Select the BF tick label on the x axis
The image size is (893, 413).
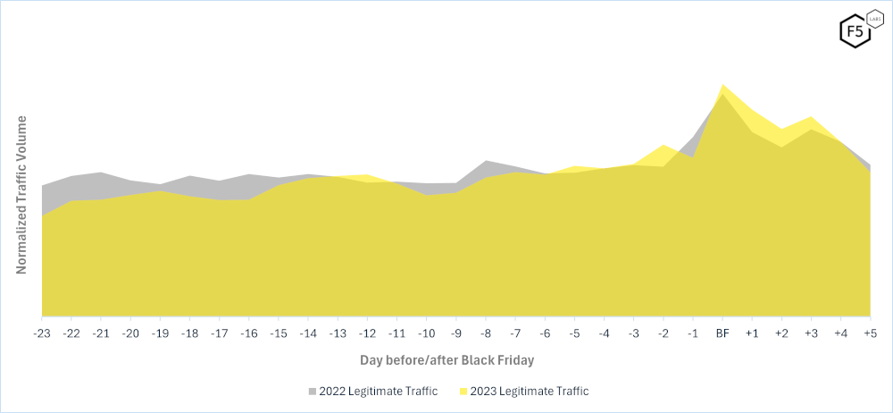pyautogui.click(x=722, y=333)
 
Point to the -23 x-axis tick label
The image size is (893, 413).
pyautogui.click(x=42, y=333)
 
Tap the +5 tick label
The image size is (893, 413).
pyautogui.click(x=870, y=333)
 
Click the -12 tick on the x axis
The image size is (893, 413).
pyautogui.click(x=367, y=333)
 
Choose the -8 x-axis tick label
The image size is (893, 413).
pyautogui.click(x=485, y=333)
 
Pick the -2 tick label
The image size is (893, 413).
pyautogui.click(x=663, y=333)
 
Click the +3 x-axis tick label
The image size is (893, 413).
pyautogui.click(x=811, y=333)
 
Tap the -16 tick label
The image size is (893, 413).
pyautogui.click(x=249, y=333)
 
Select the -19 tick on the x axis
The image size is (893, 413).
pyautogui.click(x=160, y=333)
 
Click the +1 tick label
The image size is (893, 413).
pyautogui.click(x=752, y=333)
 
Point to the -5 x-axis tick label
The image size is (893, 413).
pyautogui.click(x=574, y=333)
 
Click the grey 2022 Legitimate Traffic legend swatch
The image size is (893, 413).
pyautogui.click(x=313, y=391)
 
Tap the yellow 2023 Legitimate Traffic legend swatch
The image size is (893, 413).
pyautogui.click(x=463, y=391)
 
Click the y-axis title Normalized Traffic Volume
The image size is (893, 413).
pyautogui.click(x=22, y=194)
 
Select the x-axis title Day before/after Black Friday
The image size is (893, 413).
pyautogui.click(x=446, y=360)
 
